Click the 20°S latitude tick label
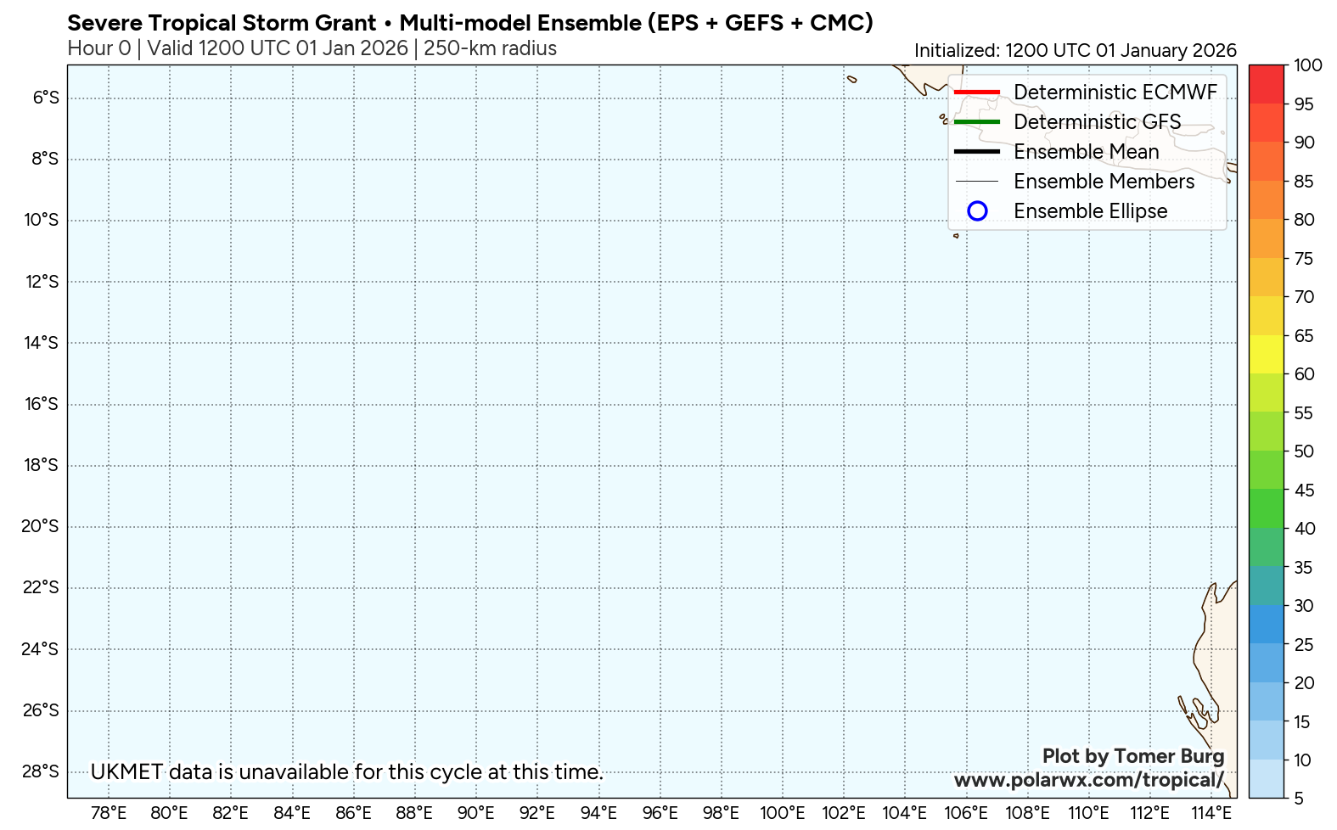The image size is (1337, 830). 39,526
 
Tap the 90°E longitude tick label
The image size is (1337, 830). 475,813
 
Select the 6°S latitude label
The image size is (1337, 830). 46,98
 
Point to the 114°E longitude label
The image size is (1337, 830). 1211,813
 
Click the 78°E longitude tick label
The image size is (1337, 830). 109,813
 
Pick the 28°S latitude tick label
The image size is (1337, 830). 39,771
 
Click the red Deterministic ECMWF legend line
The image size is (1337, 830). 976,92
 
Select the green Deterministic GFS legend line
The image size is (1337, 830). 976,121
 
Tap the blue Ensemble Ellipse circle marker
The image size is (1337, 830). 977,210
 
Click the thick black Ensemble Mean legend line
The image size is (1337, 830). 976,151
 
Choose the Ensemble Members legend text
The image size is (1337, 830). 1104,182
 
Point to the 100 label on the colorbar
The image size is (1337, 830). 1308,65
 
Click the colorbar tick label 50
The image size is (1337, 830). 1304,451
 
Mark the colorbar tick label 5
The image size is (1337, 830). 1299,799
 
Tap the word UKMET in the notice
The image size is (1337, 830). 126,772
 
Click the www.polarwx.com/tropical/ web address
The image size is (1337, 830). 1089,780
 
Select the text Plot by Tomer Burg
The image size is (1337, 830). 1133,755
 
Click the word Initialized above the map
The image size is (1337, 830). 956,51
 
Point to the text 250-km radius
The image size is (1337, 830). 490,48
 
